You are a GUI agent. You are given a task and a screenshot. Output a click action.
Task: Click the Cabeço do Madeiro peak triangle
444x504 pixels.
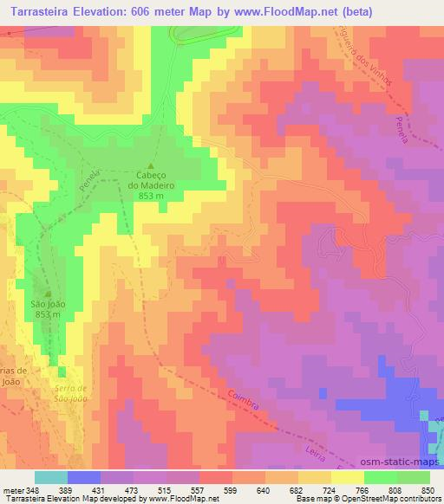(x=152, y=166)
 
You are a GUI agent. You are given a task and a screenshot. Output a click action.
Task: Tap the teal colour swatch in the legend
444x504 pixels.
(x=50, y=476)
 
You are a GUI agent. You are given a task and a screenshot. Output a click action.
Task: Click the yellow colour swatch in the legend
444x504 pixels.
(x=347, y=476)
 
